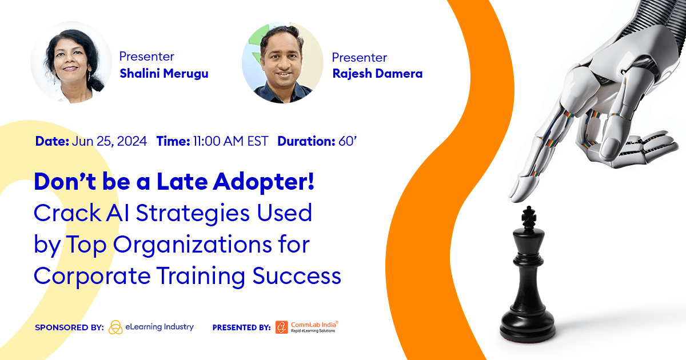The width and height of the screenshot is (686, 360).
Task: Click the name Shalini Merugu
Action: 163,73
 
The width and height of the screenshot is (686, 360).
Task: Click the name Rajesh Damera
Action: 377,74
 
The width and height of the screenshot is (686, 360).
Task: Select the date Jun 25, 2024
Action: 109,142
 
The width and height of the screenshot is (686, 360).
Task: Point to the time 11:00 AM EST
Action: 230,142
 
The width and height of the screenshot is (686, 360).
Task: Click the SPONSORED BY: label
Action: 69,327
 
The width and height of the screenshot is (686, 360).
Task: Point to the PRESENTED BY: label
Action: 241,327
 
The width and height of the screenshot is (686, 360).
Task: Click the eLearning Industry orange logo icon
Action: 115,327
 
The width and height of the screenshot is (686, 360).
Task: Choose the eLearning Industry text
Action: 161,327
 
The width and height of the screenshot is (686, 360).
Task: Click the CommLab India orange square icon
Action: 282,327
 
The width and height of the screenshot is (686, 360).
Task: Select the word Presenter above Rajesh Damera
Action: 359,58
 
